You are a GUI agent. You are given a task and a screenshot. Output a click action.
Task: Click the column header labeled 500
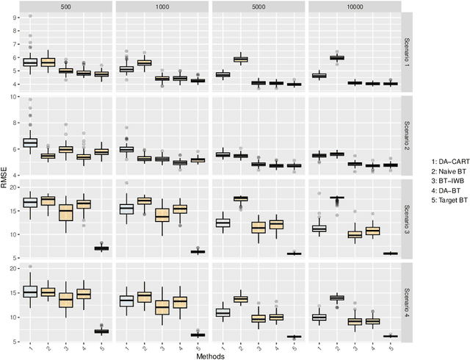point(66,6)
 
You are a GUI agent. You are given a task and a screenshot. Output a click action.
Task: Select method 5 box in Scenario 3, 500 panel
point(101,248)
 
